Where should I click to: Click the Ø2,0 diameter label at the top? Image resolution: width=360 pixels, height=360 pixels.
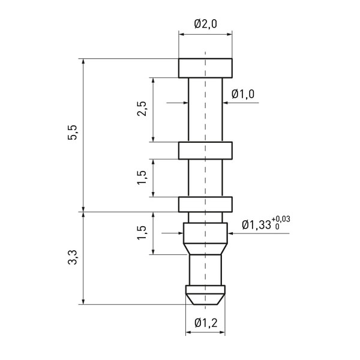point(205,24)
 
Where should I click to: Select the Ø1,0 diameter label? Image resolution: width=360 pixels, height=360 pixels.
point(243,94)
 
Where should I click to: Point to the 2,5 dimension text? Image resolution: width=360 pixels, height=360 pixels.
point(143,109)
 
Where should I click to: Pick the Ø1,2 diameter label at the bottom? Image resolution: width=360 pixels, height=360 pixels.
point(205,323)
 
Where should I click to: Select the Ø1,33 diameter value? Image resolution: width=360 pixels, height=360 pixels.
point(256,225)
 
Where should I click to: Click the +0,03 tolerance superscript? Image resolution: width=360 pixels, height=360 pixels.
point(281,219)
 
